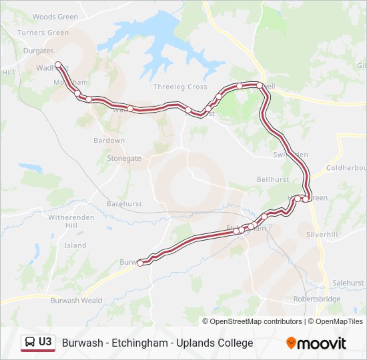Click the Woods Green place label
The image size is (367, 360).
click(x=55, y=17)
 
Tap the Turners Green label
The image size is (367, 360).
click(x=43, y=33)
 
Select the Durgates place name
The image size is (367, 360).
click(x=37, y=51)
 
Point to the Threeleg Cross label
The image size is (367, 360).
click(x=180, y=87)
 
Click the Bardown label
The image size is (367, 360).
click(x=109, y=141)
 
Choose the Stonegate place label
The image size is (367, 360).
click(x=124, y=159)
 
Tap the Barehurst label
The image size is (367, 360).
click(x=124, y=204)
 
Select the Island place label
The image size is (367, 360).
click(x=75, y=245)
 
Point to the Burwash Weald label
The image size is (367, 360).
click(x=76, y=301)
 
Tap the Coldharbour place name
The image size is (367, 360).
click(x=346, y=168)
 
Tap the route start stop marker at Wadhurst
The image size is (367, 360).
click(x=58, y=65)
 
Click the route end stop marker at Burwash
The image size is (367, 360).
click(x=140, y=263)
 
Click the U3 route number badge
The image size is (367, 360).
click(x=38, y=342)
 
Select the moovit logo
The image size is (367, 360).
click(x=316, y=343)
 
